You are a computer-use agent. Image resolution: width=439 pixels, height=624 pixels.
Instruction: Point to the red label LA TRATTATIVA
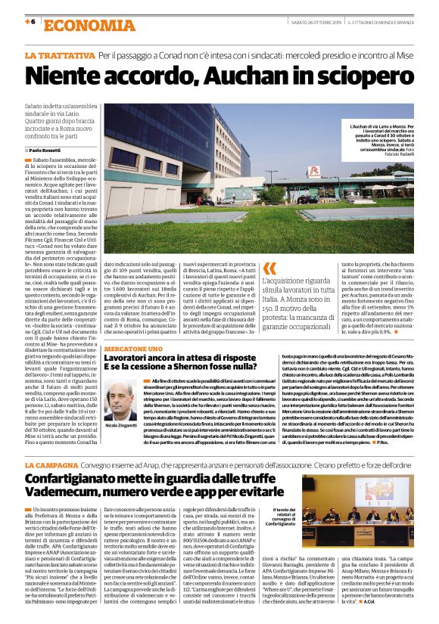(x=59, y=56)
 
